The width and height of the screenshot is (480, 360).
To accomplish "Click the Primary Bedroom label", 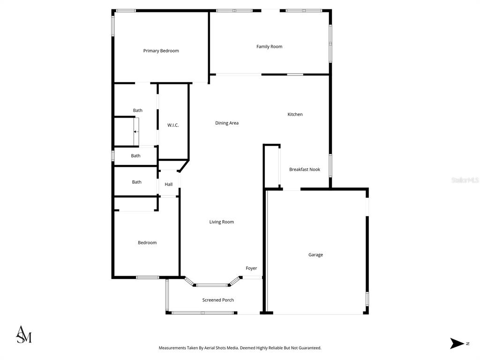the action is click(161, 51).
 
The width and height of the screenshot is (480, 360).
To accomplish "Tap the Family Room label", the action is click(270, 46).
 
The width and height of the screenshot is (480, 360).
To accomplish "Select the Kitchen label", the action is click(295, 114).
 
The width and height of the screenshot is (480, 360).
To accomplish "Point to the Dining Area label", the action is click(227, 123).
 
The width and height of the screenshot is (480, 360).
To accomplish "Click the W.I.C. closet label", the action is click(173, 125).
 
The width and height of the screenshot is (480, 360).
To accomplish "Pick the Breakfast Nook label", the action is click(305, 169).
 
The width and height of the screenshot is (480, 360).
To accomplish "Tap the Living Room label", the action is click(222, 222).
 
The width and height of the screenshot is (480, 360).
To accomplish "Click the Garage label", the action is click(315, 255).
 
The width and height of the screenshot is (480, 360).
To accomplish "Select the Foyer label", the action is click(251, 268).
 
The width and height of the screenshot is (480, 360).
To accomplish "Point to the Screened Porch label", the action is click(218, 300).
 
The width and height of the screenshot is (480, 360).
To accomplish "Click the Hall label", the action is click(169, 184).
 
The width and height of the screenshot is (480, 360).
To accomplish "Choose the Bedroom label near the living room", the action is click(147, 243).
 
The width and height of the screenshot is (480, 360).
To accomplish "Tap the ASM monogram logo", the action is click(24, 334).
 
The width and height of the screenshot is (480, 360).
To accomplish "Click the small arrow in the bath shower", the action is click(135, 132).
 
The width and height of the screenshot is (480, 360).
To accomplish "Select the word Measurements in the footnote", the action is click(172, 348).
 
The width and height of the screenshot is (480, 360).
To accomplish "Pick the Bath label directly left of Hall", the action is click(137, 182).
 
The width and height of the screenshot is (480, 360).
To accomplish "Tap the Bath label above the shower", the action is click(138, 111).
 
